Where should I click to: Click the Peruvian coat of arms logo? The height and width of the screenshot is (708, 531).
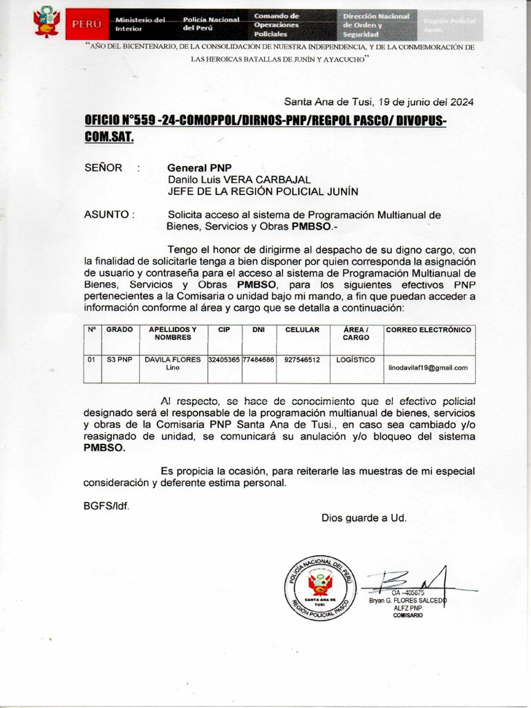46,22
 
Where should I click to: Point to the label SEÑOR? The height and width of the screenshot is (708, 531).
103,167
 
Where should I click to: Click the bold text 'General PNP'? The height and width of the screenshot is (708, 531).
199,167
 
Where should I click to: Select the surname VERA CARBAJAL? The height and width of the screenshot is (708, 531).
262,180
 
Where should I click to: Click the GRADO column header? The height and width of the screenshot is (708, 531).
119,330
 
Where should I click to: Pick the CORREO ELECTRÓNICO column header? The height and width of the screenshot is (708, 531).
429,330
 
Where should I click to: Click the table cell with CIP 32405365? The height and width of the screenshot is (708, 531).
224,360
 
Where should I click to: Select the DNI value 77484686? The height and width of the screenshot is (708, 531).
259,360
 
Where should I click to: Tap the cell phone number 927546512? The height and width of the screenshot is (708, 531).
302,360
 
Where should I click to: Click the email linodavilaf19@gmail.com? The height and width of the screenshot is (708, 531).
428,368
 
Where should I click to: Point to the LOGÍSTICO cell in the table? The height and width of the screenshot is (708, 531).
355,360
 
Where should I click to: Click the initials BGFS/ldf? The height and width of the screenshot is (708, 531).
106,505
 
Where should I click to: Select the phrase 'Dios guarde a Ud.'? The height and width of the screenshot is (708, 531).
364,517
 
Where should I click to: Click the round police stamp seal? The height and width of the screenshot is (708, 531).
319,586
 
